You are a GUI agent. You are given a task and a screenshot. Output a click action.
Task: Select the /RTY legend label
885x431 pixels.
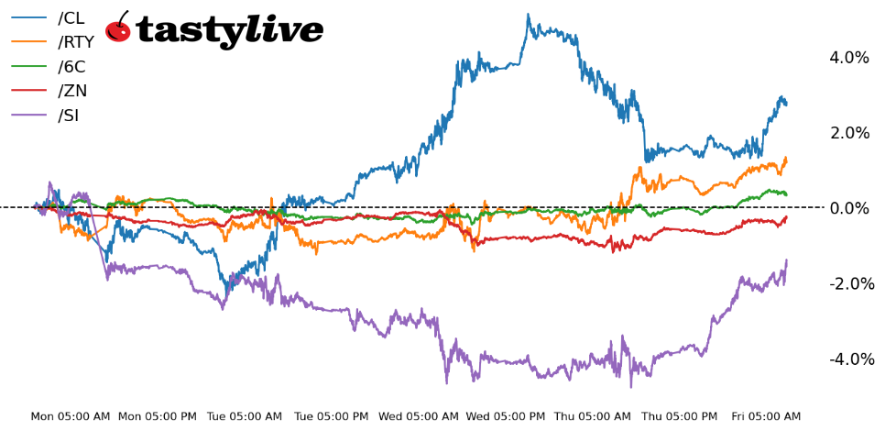[x=75, y=42]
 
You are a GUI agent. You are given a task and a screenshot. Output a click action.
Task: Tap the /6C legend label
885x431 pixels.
[x=72, y=66]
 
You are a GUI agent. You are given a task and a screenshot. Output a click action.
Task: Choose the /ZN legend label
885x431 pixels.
[x=72, y=91]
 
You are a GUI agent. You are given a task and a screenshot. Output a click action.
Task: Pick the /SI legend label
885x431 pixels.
[x=70, y=116]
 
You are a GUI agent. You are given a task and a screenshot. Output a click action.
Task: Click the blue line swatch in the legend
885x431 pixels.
[x=28, y=17]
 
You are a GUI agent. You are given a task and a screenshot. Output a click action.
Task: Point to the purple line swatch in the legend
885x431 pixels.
[x=28, y=116]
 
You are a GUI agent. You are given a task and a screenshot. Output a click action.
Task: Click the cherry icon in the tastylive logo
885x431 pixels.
[x=118, y=28]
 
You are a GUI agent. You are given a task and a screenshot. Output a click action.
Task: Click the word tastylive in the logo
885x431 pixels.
[x=229, y=31]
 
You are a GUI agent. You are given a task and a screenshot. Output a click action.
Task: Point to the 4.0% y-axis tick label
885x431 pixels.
[x=848, y=58]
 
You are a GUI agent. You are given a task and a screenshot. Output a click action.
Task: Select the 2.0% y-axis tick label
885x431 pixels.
[x=848, y=133]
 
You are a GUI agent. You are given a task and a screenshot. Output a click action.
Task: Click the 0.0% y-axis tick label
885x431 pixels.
[x=848, y=208]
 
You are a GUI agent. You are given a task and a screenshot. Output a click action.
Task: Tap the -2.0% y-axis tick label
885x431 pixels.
[x=851, y=283]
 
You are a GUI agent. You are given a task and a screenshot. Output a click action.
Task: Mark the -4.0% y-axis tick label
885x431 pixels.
[x=851, y=359]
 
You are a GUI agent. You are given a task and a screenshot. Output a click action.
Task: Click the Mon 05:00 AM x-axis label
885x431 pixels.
[x=71, y=416]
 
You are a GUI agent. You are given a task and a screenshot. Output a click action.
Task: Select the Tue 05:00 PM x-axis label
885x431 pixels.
[x=331, y=416]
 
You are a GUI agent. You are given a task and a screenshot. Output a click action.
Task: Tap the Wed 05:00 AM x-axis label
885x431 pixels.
[x=418, y=416]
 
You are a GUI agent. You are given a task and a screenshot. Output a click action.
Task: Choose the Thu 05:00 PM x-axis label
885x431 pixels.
[x=679, y=416]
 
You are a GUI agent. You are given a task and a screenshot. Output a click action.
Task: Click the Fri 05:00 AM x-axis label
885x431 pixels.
[x=766, y=416]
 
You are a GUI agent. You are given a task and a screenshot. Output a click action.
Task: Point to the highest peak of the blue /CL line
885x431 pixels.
[x=528, y=15]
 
